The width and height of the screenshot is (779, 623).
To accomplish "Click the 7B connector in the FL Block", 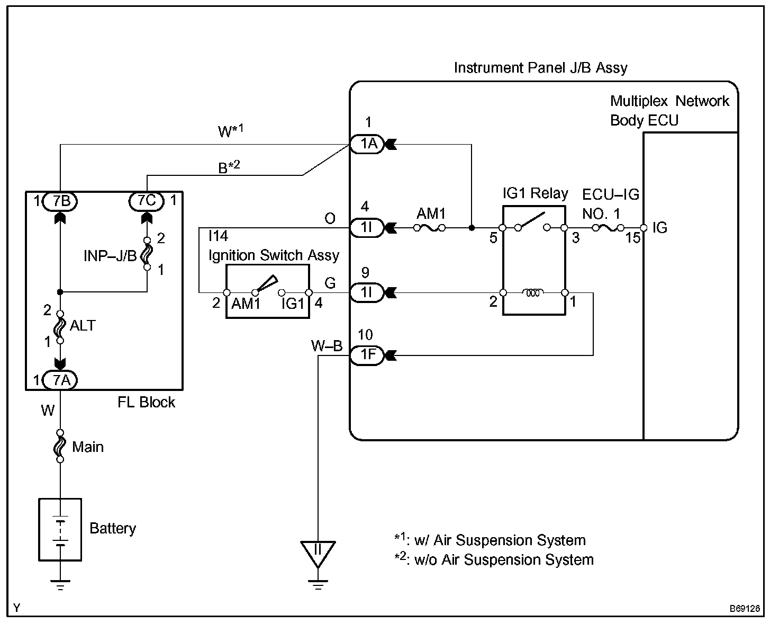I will tap(60, 201).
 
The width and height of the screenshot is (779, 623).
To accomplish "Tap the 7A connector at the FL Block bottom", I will tap(60, 380).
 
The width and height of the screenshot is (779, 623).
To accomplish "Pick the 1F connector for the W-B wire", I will tap(367, 355).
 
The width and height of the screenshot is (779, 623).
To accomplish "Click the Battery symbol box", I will tap(60, 529).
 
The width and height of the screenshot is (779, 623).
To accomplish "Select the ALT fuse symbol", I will tap(60, 326).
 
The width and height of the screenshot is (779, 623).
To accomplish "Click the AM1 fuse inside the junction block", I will tap(430, 228).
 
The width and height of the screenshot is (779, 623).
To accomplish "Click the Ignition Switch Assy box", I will tap(268, 292).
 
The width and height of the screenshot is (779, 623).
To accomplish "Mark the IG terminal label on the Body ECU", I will tap(659, 228).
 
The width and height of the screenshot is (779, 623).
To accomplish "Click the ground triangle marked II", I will tap(318, 552).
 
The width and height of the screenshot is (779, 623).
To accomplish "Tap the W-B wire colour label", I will tap(327, 346).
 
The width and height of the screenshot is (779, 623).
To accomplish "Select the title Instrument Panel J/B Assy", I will tap(540, 68).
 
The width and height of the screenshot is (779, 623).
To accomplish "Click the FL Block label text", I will tap(146, 403).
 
